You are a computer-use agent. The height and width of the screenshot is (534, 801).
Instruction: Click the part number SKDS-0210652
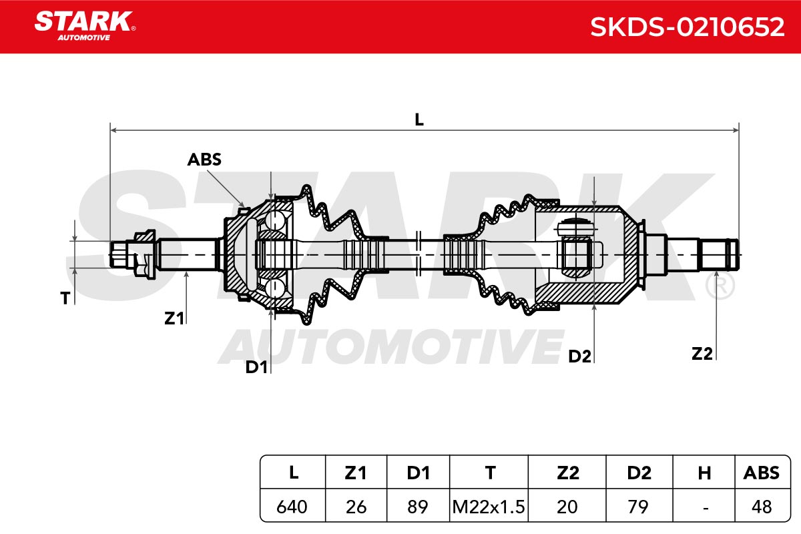688,27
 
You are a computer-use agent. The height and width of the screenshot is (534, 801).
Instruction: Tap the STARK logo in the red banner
85,26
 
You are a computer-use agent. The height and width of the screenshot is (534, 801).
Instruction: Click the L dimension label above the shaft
419,119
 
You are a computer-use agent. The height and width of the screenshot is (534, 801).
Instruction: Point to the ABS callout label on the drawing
204,160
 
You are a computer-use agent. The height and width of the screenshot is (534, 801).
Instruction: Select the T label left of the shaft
65,298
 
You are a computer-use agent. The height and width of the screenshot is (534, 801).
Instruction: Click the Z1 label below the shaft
174,318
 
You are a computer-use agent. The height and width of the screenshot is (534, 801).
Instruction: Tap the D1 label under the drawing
256,367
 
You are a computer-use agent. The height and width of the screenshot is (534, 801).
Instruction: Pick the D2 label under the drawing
579,356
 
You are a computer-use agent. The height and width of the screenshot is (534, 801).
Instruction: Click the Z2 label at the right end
702,354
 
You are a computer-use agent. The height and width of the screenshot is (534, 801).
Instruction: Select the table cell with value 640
292,507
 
